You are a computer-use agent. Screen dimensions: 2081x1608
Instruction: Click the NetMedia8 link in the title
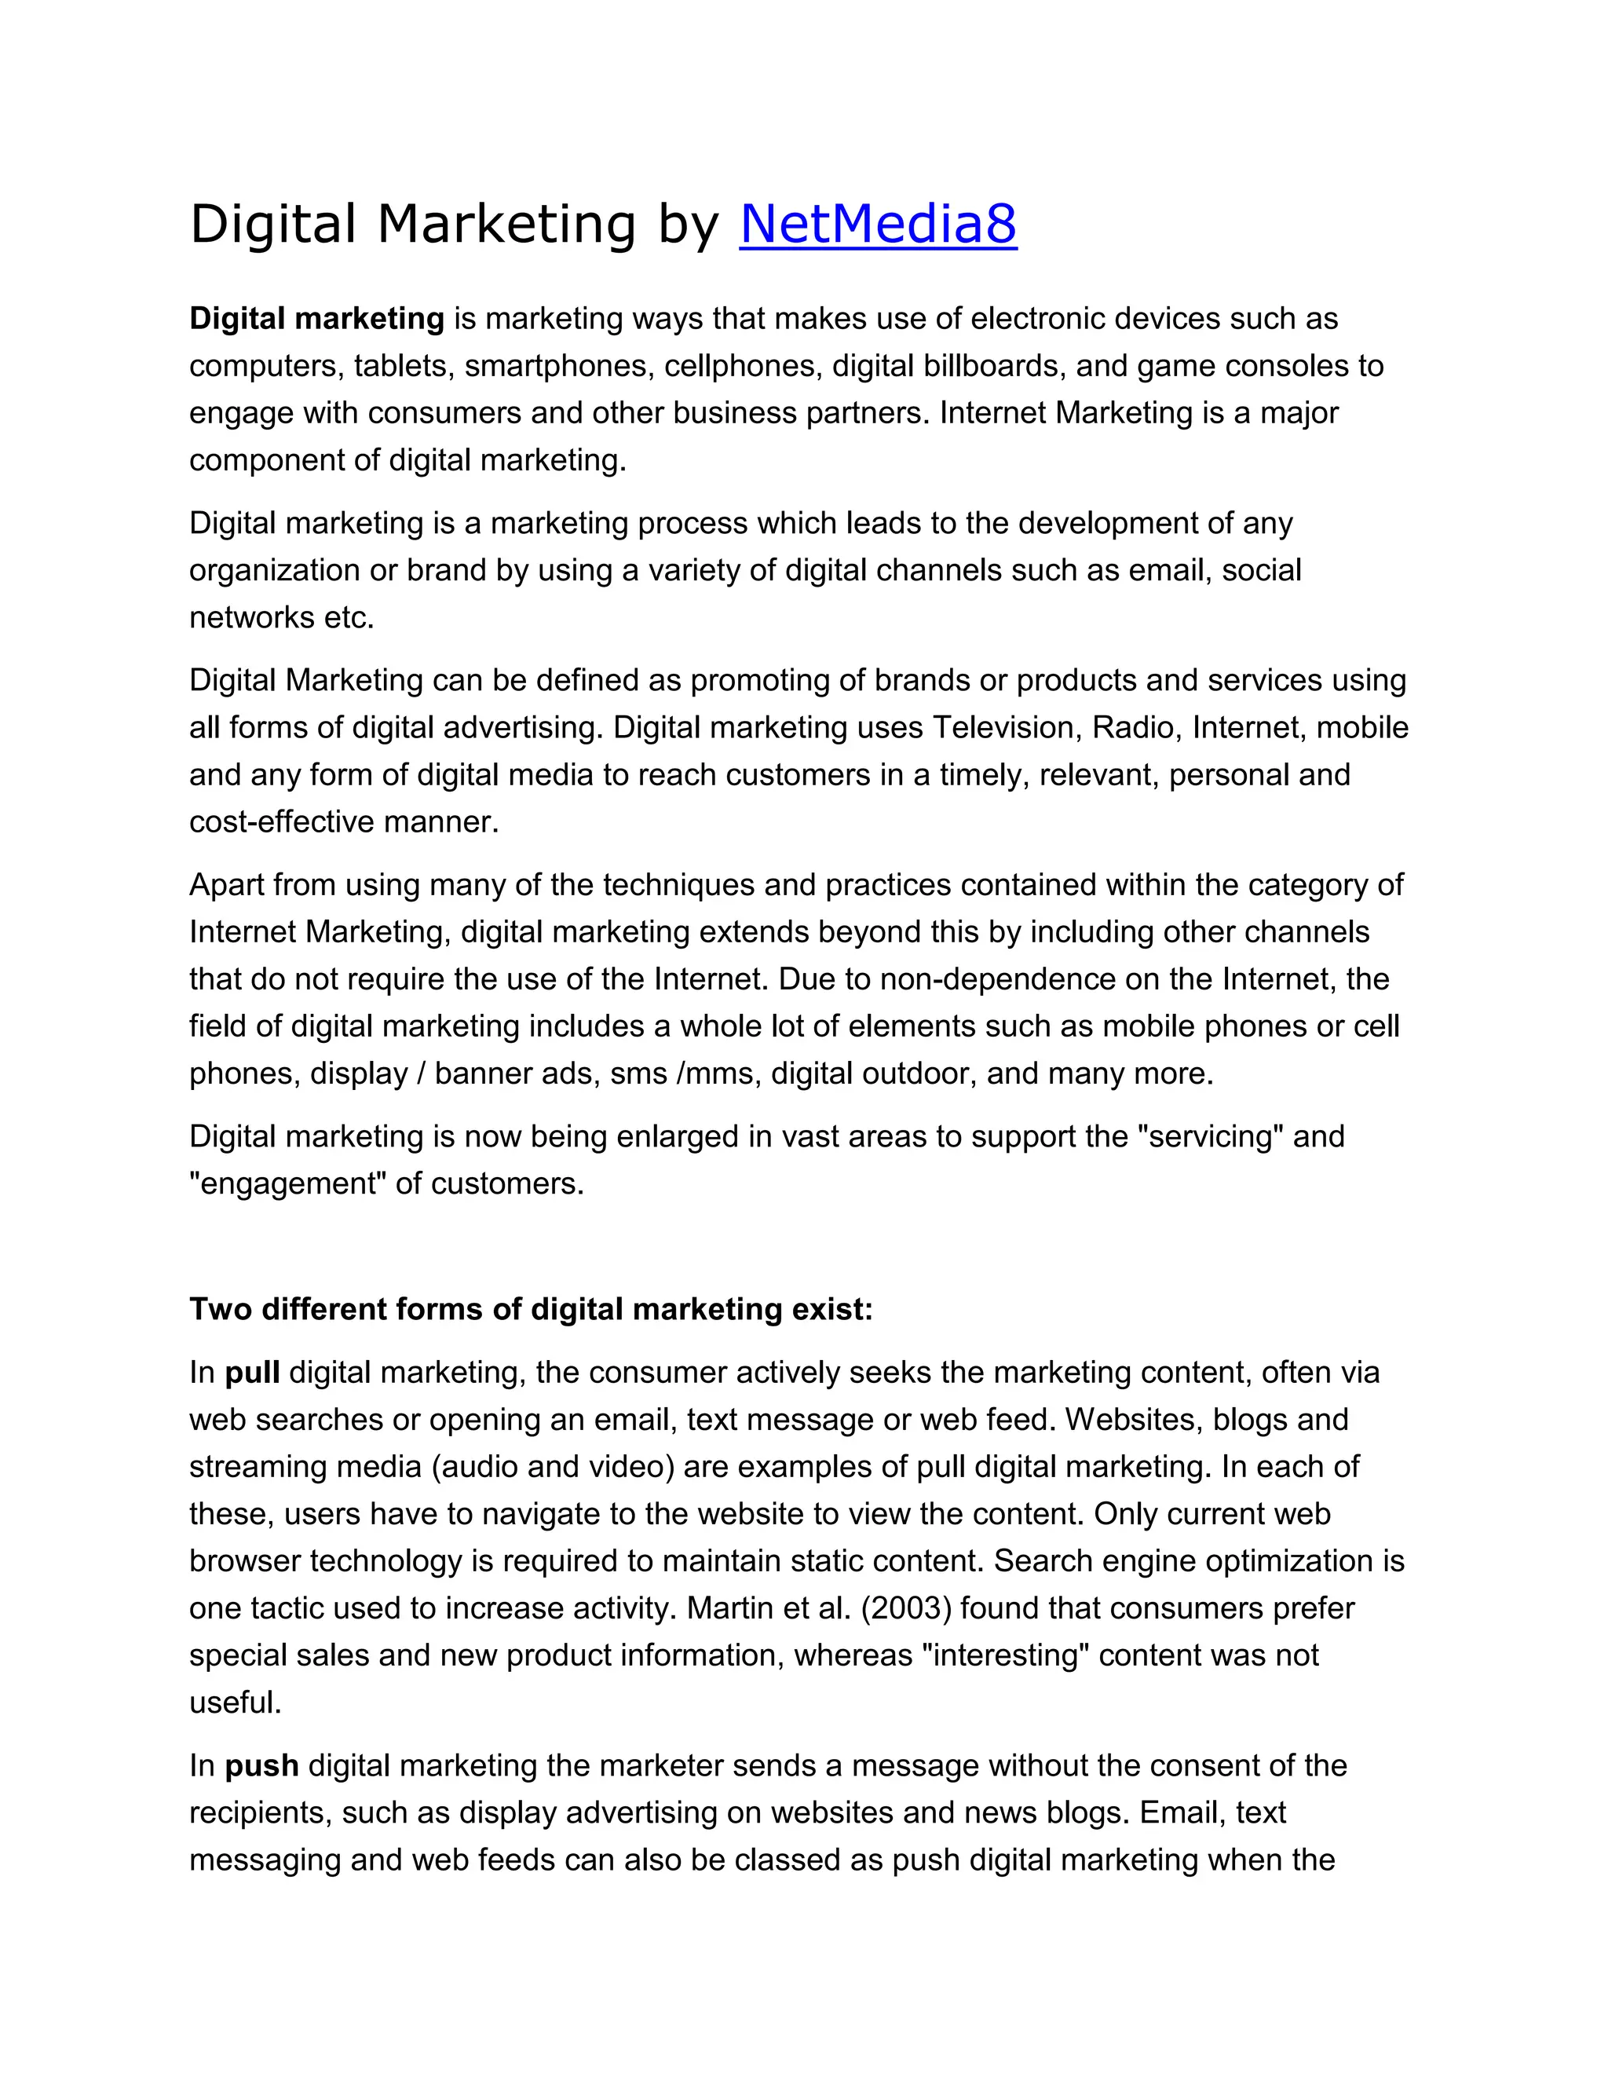pos(877,225)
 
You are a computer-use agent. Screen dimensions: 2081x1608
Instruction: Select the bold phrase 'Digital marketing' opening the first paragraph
pos(316,318)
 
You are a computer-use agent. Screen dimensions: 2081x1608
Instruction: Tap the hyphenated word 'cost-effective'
pos(282,822)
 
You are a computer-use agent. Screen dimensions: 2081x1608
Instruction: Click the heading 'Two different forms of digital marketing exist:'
pos(531,1310)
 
